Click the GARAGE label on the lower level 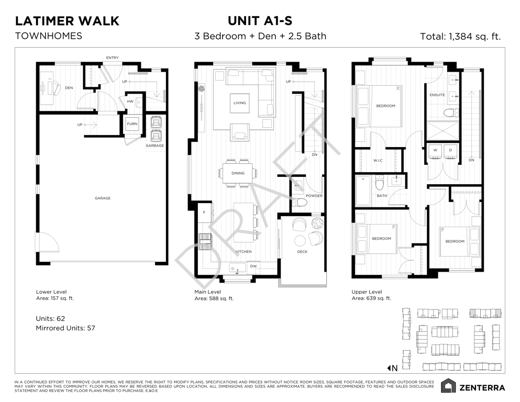pos(103,198)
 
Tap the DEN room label pos(69,88)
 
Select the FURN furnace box pos(132,124)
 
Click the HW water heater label pos(130,102)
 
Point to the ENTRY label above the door pos(112,58)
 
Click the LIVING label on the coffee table pos(239,103)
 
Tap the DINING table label pos(238,173)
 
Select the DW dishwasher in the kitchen pos(253,266)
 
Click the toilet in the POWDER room pos(300,202)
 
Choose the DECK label pos(302,252)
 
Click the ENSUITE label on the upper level pos(437,95)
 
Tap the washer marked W pos(435,152)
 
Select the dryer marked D pos(450,152)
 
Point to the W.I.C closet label pos(378,160)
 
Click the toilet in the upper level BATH pos(380,182)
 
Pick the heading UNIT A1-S pos(260,20)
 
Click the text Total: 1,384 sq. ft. pos(460,36)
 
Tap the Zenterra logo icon pos(448,386)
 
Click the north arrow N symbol pos(392,368)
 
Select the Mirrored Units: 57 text pos(65,328)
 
